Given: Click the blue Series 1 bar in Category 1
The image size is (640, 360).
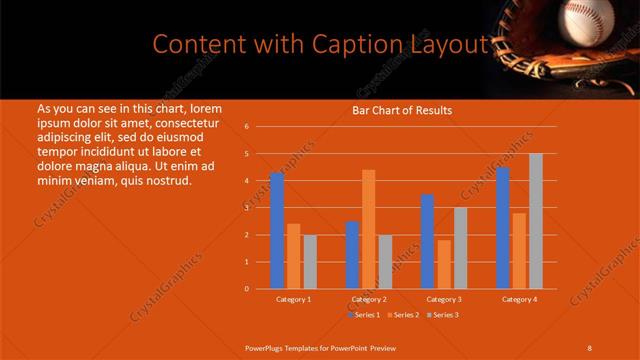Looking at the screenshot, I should (277, 230).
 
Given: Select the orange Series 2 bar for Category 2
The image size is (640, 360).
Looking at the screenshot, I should (369, 229).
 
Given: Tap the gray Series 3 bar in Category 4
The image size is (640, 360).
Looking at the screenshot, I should (536, 221).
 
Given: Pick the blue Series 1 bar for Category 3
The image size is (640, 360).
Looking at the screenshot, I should (428, 241).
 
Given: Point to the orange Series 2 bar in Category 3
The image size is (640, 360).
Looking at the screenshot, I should (444, 264).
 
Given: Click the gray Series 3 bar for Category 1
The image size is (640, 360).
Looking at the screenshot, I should (310, 261).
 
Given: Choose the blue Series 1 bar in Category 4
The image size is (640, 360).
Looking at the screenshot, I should (503, 227).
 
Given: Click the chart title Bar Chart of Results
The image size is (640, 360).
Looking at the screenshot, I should (402, 110).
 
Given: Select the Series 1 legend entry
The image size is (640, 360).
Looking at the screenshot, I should (364, 315).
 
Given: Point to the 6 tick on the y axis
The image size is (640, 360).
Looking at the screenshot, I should (246, 127).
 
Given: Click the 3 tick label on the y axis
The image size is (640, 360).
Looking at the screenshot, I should (246, 208).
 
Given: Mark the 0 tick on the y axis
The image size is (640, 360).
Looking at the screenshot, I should (246, 289).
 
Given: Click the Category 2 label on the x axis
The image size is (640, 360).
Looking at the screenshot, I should (369, 299).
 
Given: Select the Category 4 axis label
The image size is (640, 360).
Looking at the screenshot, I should (519, 299).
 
